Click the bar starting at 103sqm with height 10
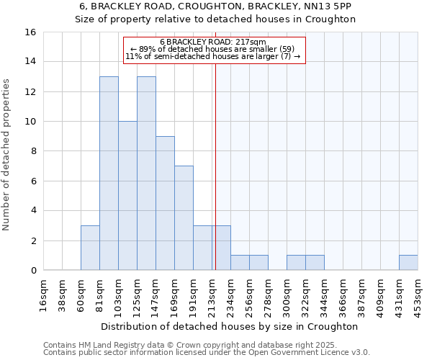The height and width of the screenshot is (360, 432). (127, 196)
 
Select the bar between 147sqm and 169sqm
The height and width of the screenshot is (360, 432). (165, 203)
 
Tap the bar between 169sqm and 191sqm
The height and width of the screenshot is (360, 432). (184, 218)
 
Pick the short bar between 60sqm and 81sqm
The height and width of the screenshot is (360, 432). (90, 248)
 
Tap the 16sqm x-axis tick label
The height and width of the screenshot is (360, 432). (43, 296)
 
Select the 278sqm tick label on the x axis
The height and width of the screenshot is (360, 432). (268, 296)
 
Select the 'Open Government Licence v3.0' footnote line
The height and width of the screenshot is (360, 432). (207, 353)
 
